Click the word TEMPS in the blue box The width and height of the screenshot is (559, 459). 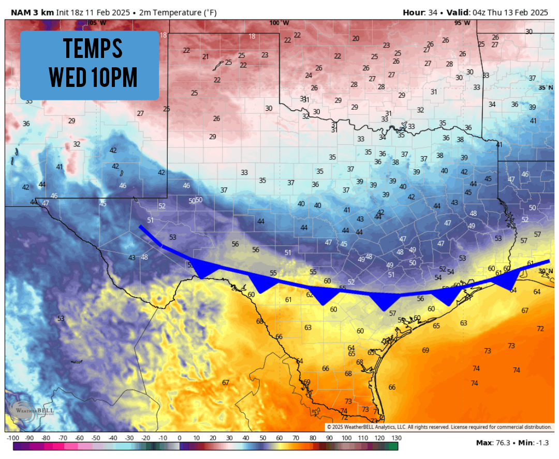tap(93, 49)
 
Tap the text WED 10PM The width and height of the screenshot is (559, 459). tap(93, 77)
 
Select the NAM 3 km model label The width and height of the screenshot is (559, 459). tap(31, 12)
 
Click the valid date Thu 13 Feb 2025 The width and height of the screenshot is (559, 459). tap(518, 12)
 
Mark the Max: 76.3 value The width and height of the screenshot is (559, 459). tap(491, 443)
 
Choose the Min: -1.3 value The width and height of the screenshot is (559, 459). tap(533, 443)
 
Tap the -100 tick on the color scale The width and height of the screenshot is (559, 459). tap(14, 438)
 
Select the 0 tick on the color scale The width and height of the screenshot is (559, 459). tap(180, 438)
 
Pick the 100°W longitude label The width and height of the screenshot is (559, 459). tap(278, 23)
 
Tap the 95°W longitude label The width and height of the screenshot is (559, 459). tap(462, 23)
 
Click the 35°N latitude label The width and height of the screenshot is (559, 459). tap(546, 87)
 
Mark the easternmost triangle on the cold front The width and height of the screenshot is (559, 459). tap(507, 281)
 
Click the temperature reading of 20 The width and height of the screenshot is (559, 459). tap(356, 38)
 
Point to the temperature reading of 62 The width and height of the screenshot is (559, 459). tap(310, 294)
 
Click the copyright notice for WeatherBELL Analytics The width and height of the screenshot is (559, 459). tap(439, 427)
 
